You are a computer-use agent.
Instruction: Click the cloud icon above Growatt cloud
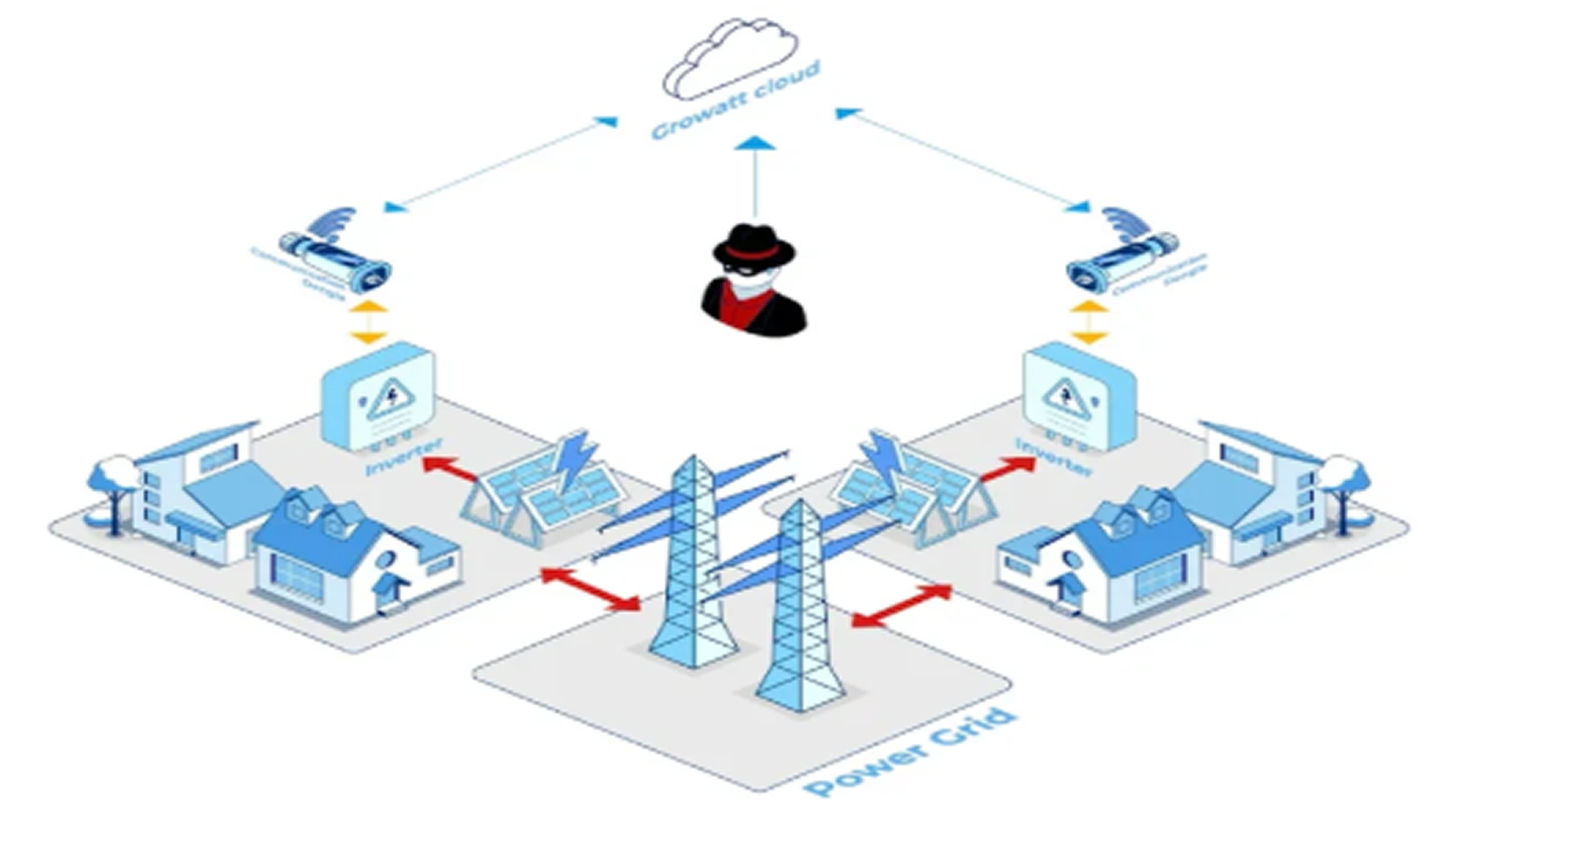click(x=732, y=59)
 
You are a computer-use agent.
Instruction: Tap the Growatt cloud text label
click(x=736, y=101)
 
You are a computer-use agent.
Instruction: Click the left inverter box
click(x=378, y=396)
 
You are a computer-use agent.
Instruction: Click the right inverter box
click(x=1080, y=396)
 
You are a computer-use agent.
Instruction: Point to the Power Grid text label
click(x=910, y=753)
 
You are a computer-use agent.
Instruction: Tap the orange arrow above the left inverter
click(x=369, y=322)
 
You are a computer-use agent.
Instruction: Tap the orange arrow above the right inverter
click(x=1089, y=322)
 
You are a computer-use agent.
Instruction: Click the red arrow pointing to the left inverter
click(x=451, y=468)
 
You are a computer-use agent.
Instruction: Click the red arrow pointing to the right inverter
click(x=1007, y=468)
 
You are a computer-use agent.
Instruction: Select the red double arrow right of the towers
click(x=902, y=605)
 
